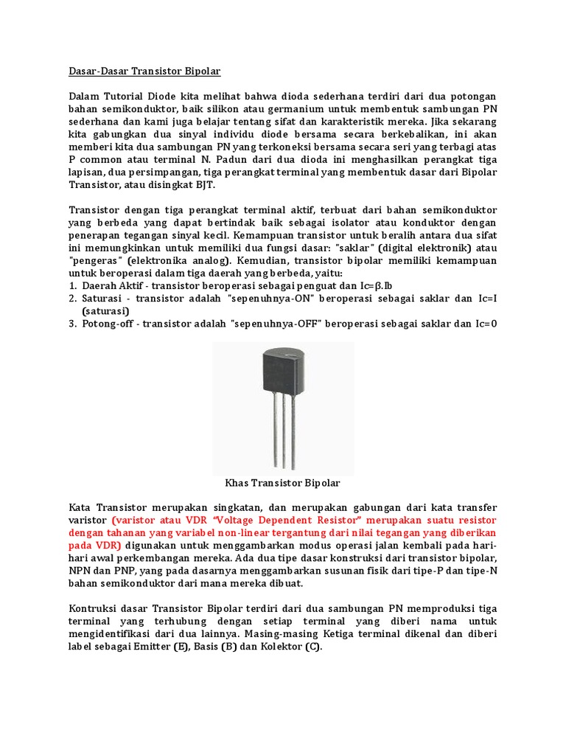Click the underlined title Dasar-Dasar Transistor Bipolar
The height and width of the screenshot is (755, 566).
[x=144, y=72]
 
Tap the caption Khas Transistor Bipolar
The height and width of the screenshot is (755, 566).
[x=282, y=483]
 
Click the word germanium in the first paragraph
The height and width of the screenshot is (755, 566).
[x=271, y=110]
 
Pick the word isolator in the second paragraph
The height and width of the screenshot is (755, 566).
[x=369, y=223]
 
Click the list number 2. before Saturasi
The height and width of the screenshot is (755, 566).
[x=74, y=299]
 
